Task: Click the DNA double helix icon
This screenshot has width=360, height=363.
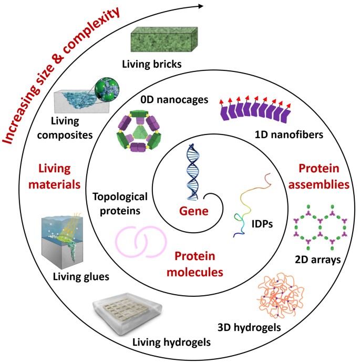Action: (193, 172)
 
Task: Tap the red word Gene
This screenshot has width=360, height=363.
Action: (194, 211)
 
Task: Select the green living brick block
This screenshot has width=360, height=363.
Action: (164, 39)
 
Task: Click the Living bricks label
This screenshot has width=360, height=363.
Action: (152, 64)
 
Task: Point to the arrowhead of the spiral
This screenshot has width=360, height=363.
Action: (201, 6)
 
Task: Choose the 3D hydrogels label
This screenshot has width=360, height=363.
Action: (249, 328)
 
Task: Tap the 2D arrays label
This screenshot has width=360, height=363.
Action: (317, 260)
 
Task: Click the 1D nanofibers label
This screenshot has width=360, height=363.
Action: (289, 134)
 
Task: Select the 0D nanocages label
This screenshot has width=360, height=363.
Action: (174, 100)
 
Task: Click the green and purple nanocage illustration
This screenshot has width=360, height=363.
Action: (139, 131)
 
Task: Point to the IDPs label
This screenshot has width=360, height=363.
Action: (262, 224)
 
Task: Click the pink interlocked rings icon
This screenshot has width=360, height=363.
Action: (141, 242)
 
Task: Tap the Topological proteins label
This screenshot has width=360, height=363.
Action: (120, 204)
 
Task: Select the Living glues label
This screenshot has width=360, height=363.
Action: (81, 276)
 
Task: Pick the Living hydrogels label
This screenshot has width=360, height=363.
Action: (171, 342)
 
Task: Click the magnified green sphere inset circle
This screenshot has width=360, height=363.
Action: (107, 89)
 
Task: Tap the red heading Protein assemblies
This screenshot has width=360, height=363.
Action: (319, 177)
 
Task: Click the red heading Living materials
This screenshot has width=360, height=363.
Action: (55, 177)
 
